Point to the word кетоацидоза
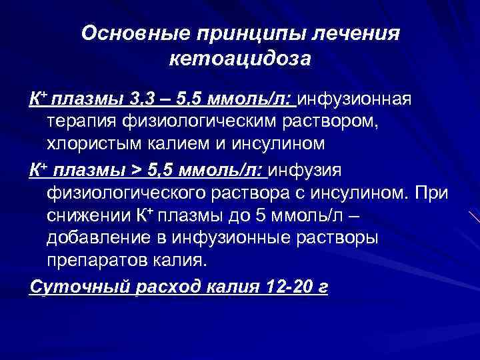click(241, 60)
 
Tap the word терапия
click(82, 122)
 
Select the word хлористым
click(93, 143)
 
